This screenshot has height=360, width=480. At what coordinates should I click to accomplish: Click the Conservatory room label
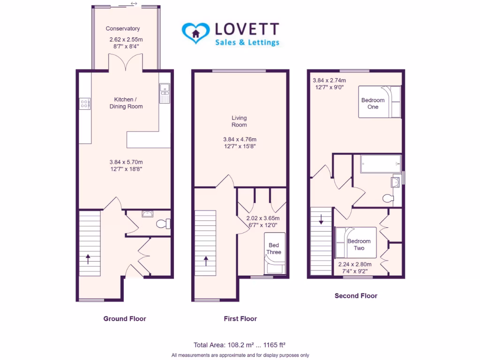(x=122, y=29)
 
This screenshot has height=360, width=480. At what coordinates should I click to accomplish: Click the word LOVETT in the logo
(x=247, y=29)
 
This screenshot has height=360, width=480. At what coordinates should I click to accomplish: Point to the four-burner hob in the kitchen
(x=85, y=104)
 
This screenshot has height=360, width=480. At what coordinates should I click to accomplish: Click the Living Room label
(x=239, y=121)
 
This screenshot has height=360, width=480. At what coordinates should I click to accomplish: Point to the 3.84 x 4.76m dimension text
(x=240, y=139)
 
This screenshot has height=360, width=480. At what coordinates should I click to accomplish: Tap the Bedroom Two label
(x=359, y=244)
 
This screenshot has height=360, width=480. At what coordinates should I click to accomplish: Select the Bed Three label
(x=274, y=249)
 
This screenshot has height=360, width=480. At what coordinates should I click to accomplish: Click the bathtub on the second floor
(x=380, y=164)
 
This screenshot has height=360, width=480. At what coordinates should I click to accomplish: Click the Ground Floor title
(x=125, y=319)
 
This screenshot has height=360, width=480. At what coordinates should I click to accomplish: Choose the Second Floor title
(x=356, y=296)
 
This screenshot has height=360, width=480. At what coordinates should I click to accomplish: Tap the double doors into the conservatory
(x=125, y=62)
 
